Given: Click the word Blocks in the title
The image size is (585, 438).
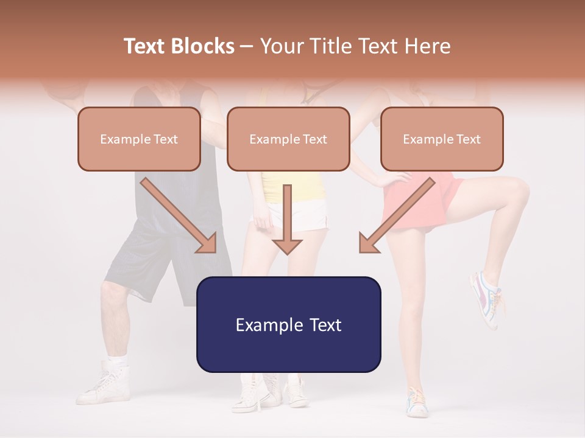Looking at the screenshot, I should point(203,46).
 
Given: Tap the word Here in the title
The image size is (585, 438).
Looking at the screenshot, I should point(427,46).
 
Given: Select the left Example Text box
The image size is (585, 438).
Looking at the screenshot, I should point(139,139).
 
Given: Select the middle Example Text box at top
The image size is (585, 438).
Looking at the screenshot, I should point(288,139).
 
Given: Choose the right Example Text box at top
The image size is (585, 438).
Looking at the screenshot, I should point(442,139).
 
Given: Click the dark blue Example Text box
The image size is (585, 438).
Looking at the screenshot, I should point(288,324).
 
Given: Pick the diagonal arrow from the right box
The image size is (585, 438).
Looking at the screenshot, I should point(396,216).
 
